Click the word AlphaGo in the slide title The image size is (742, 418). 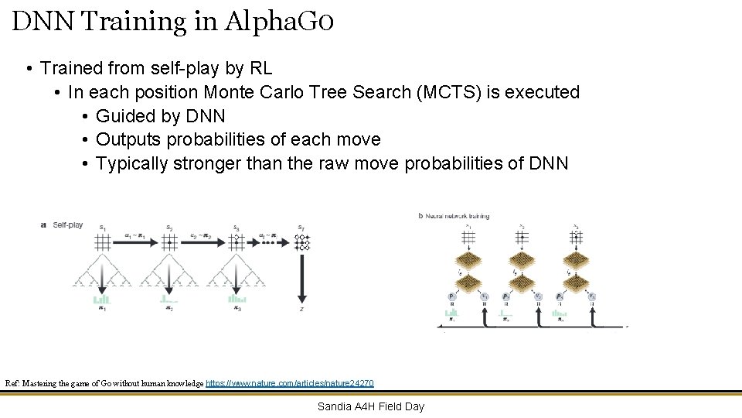click(279, 21)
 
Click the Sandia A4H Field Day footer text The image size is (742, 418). click(371, 406)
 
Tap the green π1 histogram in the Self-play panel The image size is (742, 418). click(101, 298)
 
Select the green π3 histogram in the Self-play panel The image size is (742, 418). click(237, 298)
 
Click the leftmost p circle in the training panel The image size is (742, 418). click(451, 296)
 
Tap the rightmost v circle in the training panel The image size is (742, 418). click(592, 296)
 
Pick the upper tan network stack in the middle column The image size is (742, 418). click(522, 259)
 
